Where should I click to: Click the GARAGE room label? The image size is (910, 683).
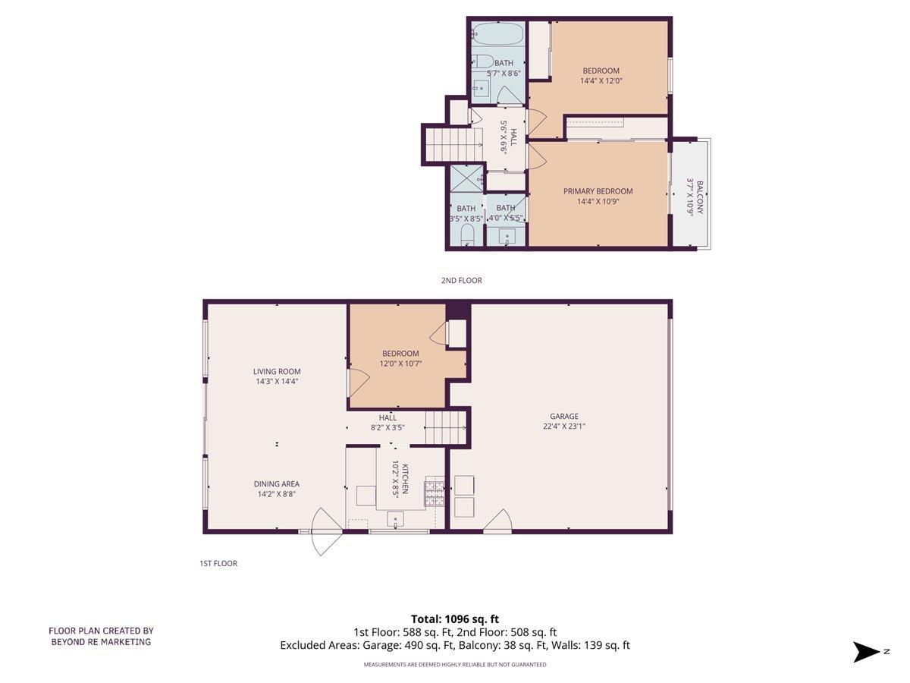pyautogui.click(x=564, y=416)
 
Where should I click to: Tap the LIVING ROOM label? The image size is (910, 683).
pyautogui.click(x=277, y=372)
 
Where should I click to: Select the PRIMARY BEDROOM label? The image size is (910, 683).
pyautogui.click(x=598, y=191)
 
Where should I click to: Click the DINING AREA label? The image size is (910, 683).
pyautogui.click(x=276, y=483)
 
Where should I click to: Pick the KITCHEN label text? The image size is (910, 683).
pyautogui.click(x=406, y=479)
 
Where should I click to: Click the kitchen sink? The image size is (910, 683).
pyautogui.click(x=397, y=520)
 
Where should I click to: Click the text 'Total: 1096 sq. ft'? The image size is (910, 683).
pyautogui.click(x=455, y=618)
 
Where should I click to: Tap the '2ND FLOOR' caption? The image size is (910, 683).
pyautogui.click(x=461, y=280)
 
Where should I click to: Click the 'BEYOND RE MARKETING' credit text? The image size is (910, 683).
pyautogui.click(x=101, y=641)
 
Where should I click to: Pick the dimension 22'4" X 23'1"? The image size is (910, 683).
pyautogui.click(x=564, y=426)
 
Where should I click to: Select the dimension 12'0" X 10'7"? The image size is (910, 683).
pyautogui.click(x=400, y=364)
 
